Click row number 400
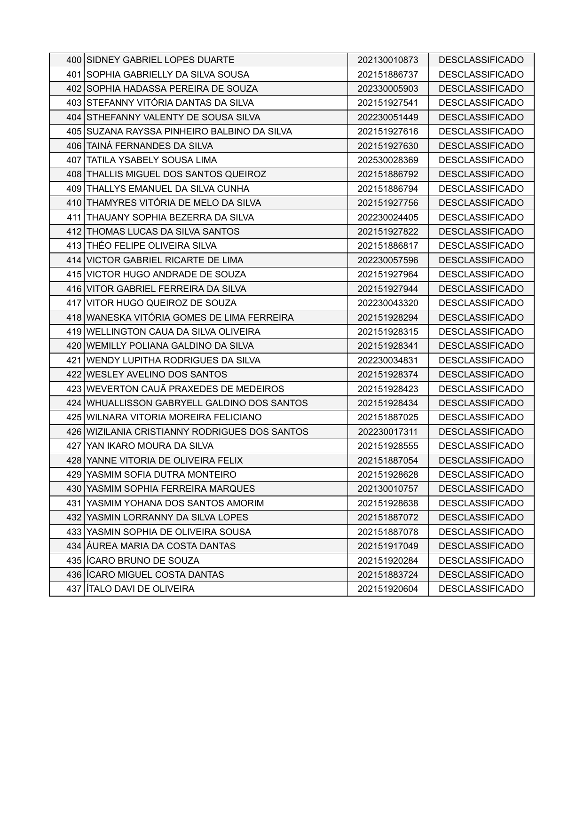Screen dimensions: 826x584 click(x=74, y=60)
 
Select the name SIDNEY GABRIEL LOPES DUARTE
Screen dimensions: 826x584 click(x=160, y=60)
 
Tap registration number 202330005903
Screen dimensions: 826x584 click(x=387, y=89)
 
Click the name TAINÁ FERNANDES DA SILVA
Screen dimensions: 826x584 click(x=150, y=146)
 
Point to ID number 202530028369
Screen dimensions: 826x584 click(x=387, y=160)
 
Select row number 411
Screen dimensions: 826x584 click(x=74, y=218)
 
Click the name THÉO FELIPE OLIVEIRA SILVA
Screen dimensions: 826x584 click(x=151, y=246)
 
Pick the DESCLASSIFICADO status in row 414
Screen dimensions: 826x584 click(x=481, y=260)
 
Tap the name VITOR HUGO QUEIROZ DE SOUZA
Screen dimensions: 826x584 click(x=161, y=303)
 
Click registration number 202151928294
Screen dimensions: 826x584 click(x=387, y=318)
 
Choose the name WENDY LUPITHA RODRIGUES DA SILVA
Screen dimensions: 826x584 click(x=174, y=361)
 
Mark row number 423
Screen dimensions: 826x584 click(x=74, y=389)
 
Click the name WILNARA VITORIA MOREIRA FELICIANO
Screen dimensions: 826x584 click(x=174, y=417)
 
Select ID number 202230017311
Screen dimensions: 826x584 click(x=387, y=432)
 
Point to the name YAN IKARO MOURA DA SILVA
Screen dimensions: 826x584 click(x=150, y=446)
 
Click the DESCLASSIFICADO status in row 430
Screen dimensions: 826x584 click(x=481, y=489)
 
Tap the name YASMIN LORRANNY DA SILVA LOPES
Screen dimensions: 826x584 click(x=167, y=518)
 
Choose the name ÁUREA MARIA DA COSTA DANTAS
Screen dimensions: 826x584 click(x=161, y=546)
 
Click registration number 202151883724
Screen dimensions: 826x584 click(x=387, y=575)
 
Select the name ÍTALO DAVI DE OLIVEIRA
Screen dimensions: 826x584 click(x=140, y=589)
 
